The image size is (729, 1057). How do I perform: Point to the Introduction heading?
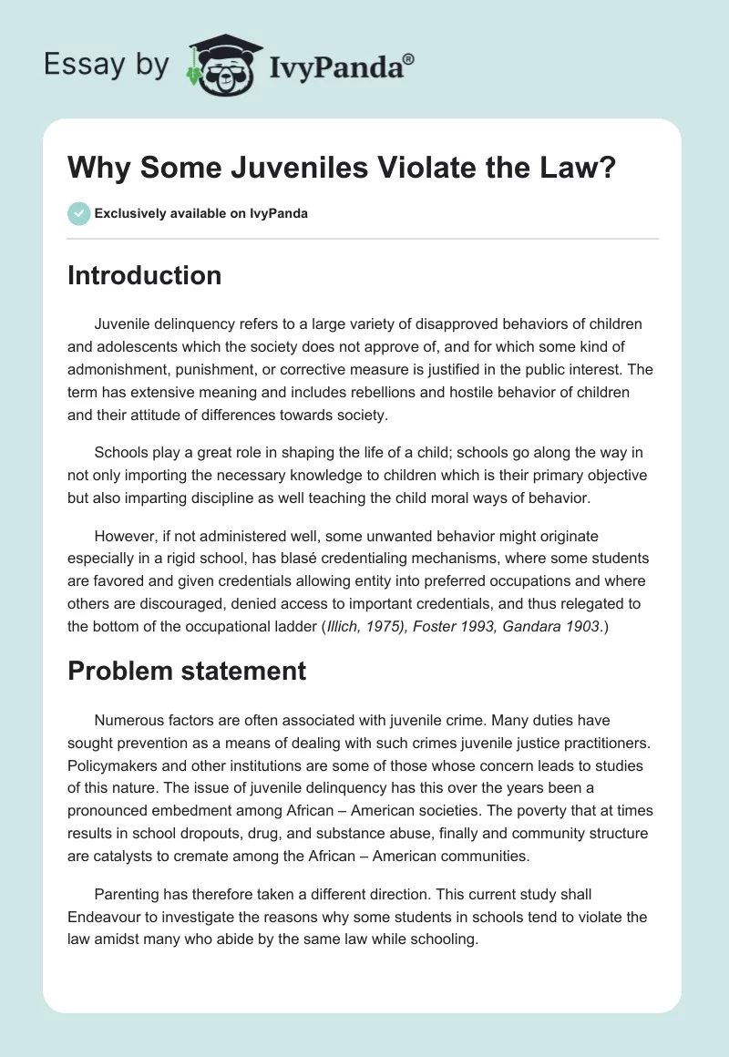tap(144, 275)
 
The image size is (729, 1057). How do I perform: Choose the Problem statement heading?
tap(187, 672)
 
